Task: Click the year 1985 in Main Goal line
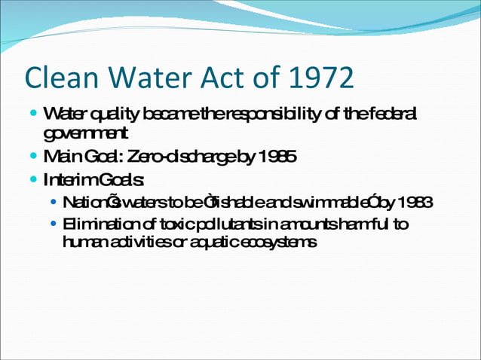click(x=278, y=157)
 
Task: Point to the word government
click(x=86, y=134)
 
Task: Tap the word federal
click(x=391, y=114)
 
